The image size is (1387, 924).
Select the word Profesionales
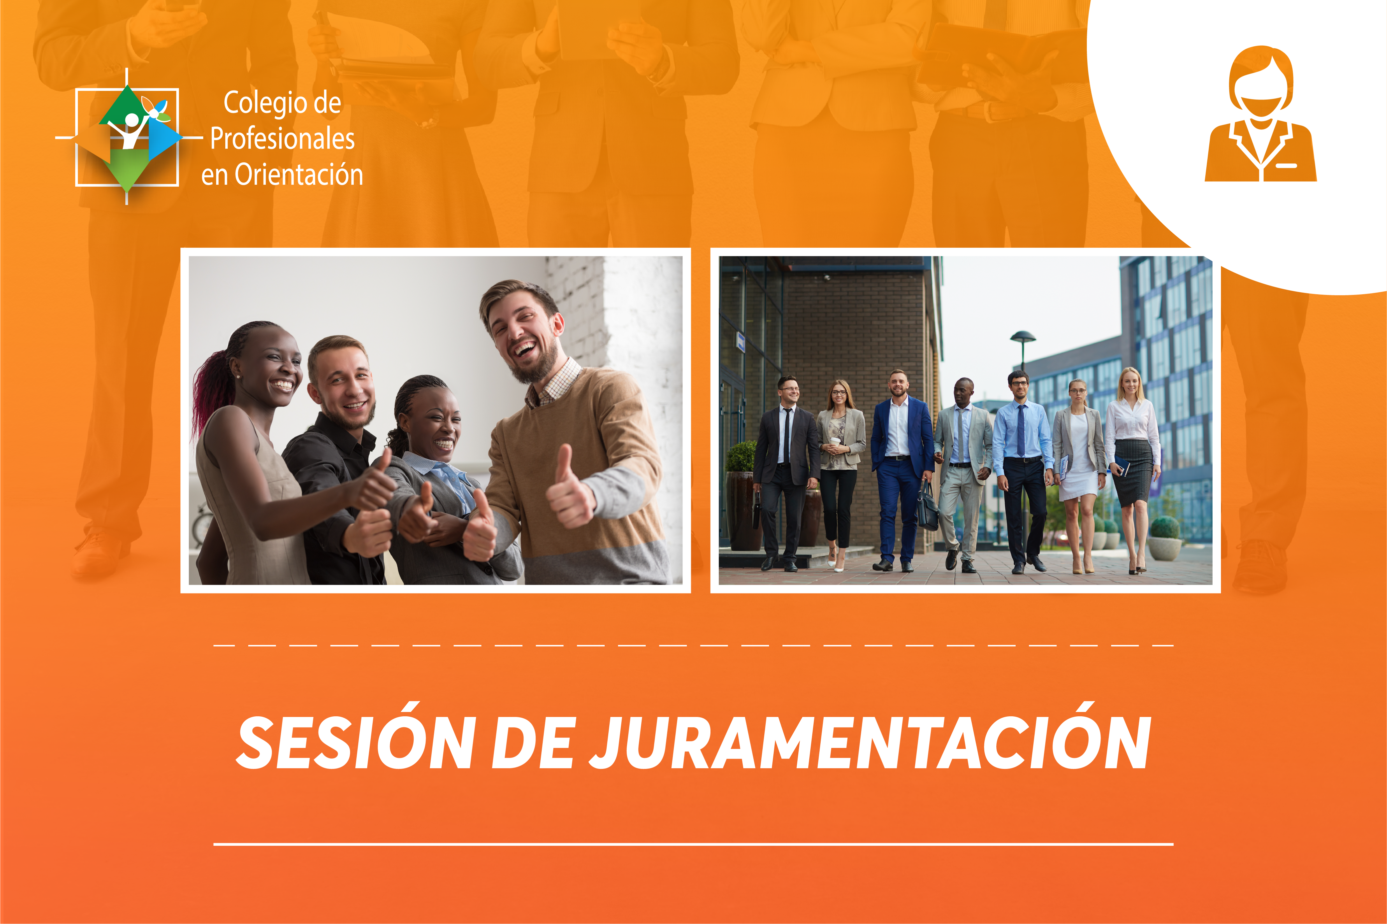[283, 139]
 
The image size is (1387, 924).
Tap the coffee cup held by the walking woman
[835, 443]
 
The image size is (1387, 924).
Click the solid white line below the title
[693, 844]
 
